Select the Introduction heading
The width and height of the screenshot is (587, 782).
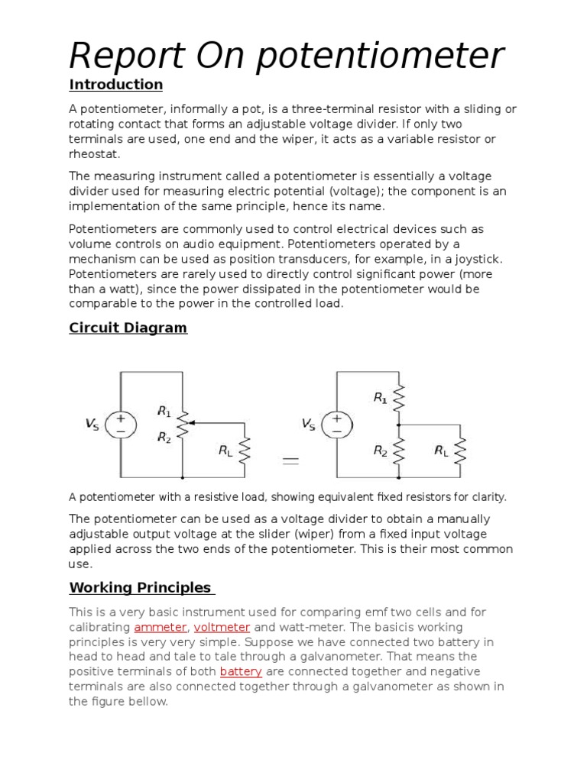[x=116, y=84]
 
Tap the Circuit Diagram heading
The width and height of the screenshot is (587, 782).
[x=128, y=328]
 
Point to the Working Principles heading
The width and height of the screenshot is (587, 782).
[x=140, y=587]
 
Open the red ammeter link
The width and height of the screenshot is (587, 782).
[x=161, y=627]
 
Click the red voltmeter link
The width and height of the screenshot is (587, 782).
[x=222, y=627]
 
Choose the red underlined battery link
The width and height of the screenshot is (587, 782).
[x=241, y=671]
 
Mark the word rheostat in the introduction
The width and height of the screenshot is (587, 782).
[x=94, y=153]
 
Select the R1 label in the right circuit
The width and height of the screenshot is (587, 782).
[x=380, y=397]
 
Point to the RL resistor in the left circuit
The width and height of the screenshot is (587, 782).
[x=244, y=451]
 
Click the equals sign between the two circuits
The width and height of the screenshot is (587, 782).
[x=290, y=460]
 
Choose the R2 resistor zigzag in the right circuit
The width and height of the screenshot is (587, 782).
[x=398, y=451]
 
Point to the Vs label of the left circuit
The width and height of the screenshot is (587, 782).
[x=92, y=423]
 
